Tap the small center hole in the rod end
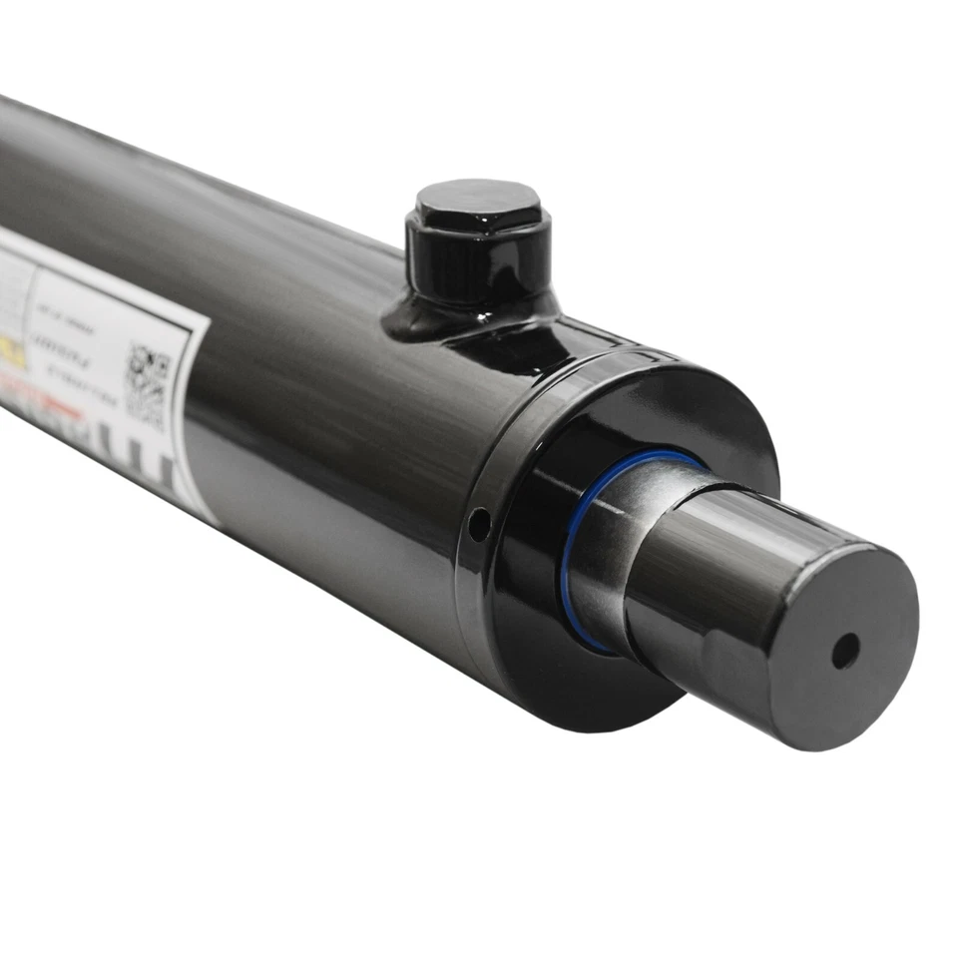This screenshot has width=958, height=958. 844,651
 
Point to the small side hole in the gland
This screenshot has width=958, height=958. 480,523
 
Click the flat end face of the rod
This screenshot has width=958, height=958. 848,649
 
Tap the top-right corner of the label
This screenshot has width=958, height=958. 206,329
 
